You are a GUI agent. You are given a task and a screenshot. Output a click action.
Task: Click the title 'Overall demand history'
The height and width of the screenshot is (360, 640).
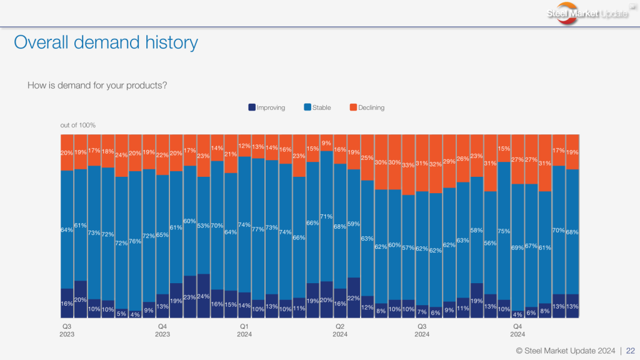(x=106, y=42)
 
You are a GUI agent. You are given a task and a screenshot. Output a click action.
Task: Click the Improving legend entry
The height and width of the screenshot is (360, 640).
(x=267, y=107)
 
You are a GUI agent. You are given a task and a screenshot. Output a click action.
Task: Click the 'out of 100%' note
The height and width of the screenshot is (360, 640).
(x=77, y=126)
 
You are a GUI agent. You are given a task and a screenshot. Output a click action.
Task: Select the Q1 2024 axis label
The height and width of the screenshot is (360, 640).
(x=244, y=330)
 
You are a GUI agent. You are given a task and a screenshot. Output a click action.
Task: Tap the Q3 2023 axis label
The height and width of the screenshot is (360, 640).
(x=67, y=330)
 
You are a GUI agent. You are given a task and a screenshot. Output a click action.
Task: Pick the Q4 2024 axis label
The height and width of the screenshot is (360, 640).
(x=517, y=330)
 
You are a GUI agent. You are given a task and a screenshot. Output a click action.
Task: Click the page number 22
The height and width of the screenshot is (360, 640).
(x=631, y=351)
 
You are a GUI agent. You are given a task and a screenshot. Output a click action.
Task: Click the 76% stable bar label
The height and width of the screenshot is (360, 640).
(x=135, y=242)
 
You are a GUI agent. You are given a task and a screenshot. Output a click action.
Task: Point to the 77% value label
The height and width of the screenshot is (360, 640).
(x=258, y=229)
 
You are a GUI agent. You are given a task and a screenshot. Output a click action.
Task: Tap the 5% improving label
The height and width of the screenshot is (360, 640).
(x=121, y=314)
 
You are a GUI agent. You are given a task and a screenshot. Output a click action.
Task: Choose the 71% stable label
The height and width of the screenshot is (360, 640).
(x=326, y=216)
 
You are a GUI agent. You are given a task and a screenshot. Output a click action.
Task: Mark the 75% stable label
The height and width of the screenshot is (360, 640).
(x=504, y=231)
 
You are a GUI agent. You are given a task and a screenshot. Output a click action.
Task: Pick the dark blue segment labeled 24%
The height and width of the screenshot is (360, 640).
(x=204, y=296)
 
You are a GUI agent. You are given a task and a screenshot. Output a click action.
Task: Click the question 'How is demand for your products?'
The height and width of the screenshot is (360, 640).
(x=97, y=85)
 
